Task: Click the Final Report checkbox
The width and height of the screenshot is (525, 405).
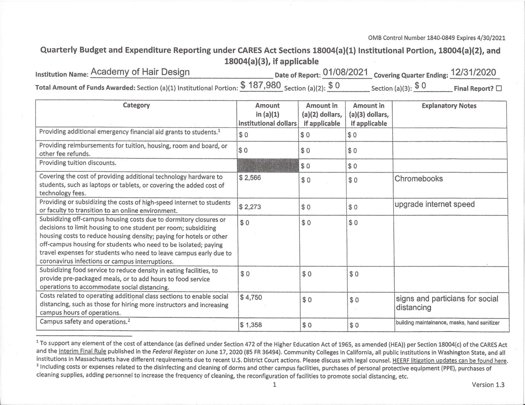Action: pyautogui.click(x=499, y=89)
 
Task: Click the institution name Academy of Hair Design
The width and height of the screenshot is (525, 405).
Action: pyautogui.click(x=140, y=72)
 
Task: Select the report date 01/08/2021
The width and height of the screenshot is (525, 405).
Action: pyautogui.click(x=346, y=72)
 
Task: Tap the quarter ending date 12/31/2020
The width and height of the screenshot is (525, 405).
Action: pyautogui.click(x=473, y=72)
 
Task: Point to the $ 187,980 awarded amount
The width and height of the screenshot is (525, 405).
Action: pyautogui.click(x=260, y=85)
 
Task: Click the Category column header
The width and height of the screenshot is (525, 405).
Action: pyautogui.click(x=136, y=105)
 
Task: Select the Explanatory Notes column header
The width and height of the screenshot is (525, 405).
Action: pyautogui.click(x=449, y=106)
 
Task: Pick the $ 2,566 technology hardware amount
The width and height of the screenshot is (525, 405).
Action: pyautogui.click(x=250, y=178)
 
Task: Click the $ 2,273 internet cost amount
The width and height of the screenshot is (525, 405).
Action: pyautogui.click(x=250, y=207)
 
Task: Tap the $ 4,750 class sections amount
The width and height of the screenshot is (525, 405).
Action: pyautogui.click(x=251, y=297)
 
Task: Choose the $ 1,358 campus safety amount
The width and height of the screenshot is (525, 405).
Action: pyautogui.click(x=251, y=325)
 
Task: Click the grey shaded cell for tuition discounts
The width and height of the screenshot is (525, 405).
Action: pyautogui.click(x=268, y=165)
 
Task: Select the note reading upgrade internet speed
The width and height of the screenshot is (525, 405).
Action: pyautogui.click(x=434, y=205)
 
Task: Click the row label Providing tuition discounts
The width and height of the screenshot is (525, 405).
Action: pyautogui.click(x=78, y=163)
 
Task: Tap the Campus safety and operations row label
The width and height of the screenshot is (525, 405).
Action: pyautogui.click(x=85, y=322)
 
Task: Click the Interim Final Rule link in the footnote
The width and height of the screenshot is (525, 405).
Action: pyautogui.click(x=82, y=351)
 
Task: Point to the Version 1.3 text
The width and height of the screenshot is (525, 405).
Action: pyautogui.click(x=488, y=385)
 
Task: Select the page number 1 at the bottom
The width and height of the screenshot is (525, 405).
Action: pyautogui.click(x=274, y=385)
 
